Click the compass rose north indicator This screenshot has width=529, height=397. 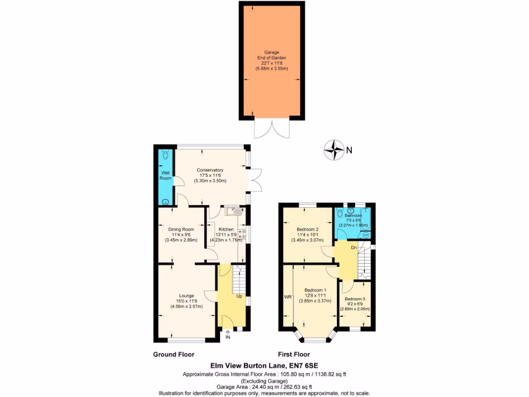pyautogui.click(x=334, y=150)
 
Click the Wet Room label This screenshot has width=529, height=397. pyautogui.click(x=165, y=175)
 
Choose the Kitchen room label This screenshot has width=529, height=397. pyautogui.click(x=226, y=229)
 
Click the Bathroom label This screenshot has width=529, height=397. pyautogui.click(x=354, y=216)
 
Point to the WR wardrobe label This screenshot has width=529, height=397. pyautogui.click(x=287, y=297)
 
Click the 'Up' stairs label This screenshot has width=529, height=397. pyautogui.click(x=239, y=296)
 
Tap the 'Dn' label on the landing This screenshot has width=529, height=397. pyautogui.click(x=353, y=248)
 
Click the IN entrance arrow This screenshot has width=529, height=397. pyautogui.click(x=227, y=335)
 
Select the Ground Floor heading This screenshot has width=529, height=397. pyautogui.click(x=174, y=355)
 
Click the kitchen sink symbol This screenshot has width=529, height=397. pyautogui.click(x=230, y=210)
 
